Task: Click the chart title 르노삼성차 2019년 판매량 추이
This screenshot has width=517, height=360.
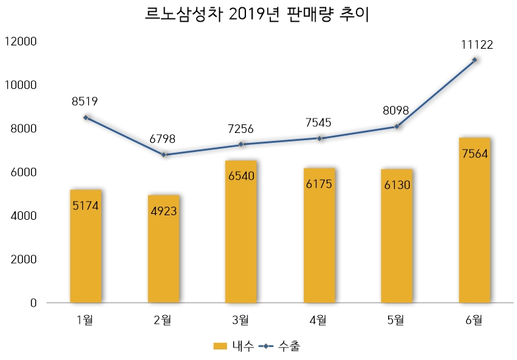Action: pyautogui.click(x=258, y=15)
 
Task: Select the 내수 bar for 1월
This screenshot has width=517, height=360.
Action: pyautogui.click(x=86, y=246)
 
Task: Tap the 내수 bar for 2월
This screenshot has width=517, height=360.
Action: pyautogui.click(x=163, y=249)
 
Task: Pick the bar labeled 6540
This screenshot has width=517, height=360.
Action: pyautogui.click(x=241, y=231)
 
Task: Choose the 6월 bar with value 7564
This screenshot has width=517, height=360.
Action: pyautogui.click(x=474, y=220)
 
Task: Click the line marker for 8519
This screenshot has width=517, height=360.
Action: pyautogui.click(x=86, y=117)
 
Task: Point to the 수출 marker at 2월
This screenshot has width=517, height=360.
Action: pyautogui.click(x=163, y=155)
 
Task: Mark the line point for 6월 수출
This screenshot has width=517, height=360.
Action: pyautogui.click(x=474, y=60)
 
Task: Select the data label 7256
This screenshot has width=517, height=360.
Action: pyautogui.click(x=241, y=129)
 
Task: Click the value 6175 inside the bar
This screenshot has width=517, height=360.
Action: pyautogui.click(x=319, y=184)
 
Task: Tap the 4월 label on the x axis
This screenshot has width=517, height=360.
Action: pyautogui.click(x=319, y=321)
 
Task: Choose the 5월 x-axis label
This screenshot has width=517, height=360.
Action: pyautogui.click(x=397, y=321)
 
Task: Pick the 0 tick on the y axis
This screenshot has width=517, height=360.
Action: pyautogui.click(x=33, y=303)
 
